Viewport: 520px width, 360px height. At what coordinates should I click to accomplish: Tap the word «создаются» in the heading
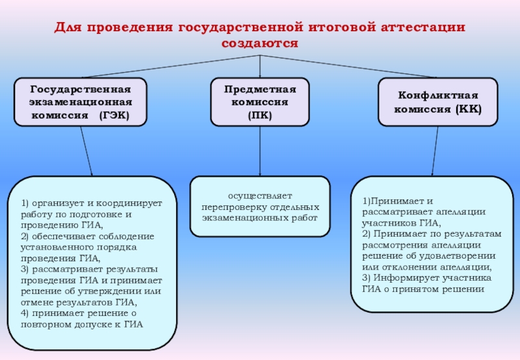point(259,44)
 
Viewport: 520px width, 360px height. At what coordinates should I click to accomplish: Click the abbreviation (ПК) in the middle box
point(260,115)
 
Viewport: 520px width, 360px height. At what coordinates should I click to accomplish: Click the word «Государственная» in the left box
point(81,89)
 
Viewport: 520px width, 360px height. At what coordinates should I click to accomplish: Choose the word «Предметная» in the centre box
point(260,89)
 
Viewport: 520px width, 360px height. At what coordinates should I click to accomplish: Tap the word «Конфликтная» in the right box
point(438,95)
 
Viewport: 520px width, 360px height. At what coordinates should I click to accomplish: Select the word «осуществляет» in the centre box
point(260,196)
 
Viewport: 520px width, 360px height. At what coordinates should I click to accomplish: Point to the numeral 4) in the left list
point(25,313)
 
